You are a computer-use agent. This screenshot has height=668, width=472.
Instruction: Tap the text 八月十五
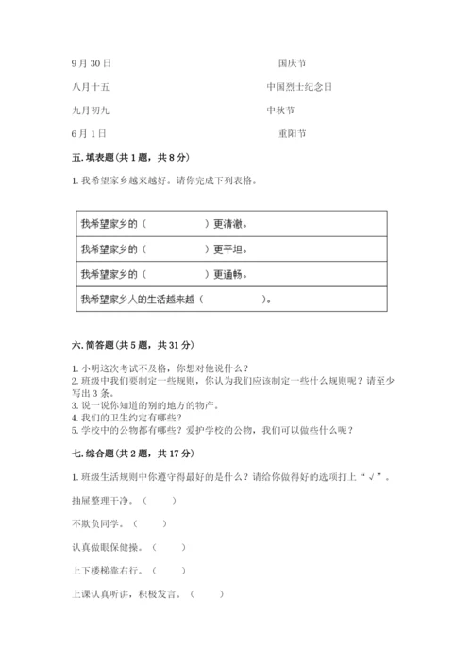coord(91,87)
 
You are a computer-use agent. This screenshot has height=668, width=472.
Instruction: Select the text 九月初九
coord(91,111)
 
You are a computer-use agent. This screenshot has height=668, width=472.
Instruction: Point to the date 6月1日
coord(88,134)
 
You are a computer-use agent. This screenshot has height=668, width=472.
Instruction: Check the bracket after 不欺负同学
coord(150,522)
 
